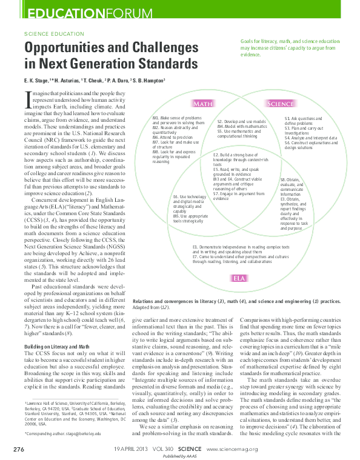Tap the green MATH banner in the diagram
click(x=202, y=104)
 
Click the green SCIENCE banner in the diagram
click(x=280, y=104)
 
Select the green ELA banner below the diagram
click(x=239, y=278)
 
